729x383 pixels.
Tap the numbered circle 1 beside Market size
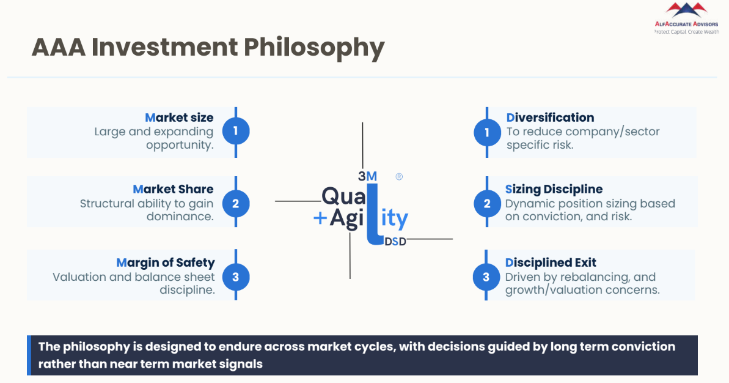(236, 130)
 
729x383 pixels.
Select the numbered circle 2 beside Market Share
(236, 203)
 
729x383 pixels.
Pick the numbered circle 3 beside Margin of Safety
(236, 277)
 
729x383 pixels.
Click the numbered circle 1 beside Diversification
(487, 132)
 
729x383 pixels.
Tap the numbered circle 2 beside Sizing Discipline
(487, 203)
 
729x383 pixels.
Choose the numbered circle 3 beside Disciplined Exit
(486, 277)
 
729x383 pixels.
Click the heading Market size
(179, 117)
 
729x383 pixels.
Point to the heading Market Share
(173, 189)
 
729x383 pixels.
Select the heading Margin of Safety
(166, 262)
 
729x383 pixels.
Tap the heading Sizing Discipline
(554, 189)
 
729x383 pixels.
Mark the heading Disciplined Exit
(551, 262)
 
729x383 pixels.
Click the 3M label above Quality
(367, 176)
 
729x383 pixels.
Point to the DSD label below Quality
(395, 242)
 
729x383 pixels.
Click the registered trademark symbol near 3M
(399, 176)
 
